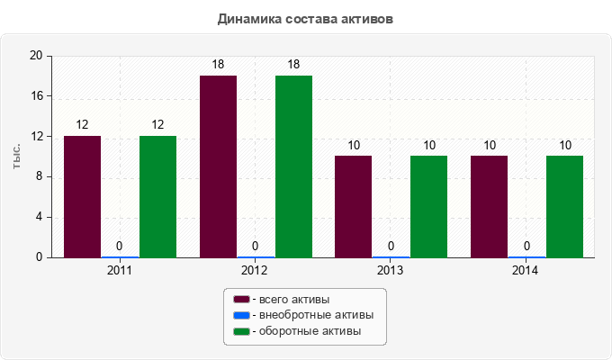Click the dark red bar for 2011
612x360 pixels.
pos(82,196)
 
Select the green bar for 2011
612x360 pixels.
pos(157,196)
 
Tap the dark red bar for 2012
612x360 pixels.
pos(218,166)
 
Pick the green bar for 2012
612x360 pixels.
pos(293,166)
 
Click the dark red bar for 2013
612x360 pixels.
pos(353,206)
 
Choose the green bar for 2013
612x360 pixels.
pos(428,206)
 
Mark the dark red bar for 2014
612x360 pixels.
pos(489,206)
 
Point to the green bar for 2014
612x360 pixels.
pos(564,206)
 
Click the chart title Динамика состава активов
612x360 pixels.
pos(306,18)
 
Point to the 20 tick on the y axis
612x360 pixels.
pos(37,56)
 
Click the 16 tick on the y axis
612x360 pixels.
pos(37,96)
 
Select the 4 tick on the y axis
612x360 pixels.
pos(40,217)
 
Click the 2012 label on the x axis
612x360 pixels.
pos(255,270)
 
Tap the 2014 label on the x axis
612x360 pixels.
pos(526,270)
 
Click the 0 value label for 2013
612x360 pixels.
pos(391,246)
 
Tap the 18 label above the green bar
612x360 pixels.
pos(293,65)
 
